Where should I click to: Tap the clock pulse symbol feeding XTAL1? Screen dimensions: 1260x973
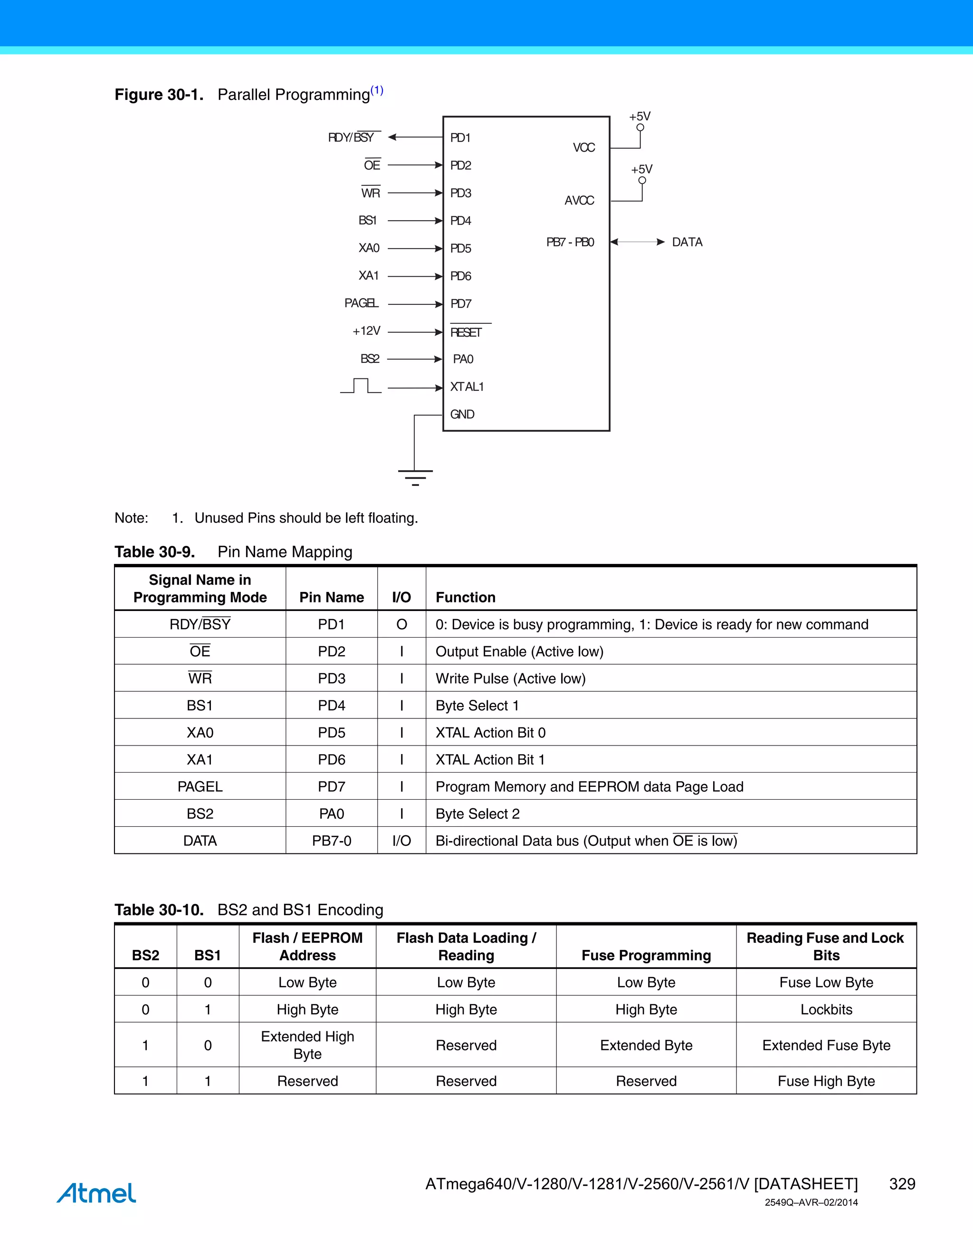(x=361, y=386)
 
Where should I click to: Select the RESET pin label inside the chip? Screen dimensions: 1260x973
(x=466, y=332)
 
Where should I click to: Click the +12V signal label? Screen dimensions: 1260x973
(x=367, y=331)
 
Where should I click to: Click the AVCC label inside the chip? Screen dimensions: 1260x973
(x=579, y=201)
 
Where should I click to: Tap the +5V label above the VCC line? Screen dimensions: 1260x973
(x=640, y=116)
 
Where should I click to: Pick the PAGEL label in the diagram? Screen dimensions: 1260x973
(x=361, y=303)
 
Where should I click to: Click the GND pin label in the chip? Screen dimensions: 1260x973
(x=462, y=414)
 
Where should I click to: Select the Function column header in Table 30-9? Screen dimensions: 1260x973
(x=465, y=597)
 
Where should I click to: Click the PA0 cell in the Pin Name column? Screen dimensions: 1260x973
(x=332, y=814)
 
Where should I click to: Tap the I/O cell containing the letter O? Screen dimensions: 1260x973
(x=402, y=624)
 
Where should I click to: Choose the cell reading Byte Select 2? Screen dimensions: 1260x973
(x=477, y=814)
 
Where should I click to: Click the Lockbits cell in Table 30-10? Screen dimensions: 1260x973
(x=826, y=1009)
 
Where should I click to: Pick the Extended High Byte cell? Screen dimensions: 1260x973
(x=307, y=1045)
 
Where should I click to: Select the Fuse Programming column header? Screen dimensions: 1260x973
(x=646, y=955)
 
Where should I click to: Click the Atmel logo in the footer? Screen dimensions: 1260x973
(x=96, y=1192)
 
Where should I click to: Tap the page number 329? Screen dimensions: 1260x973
(x=902, y=1184)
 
